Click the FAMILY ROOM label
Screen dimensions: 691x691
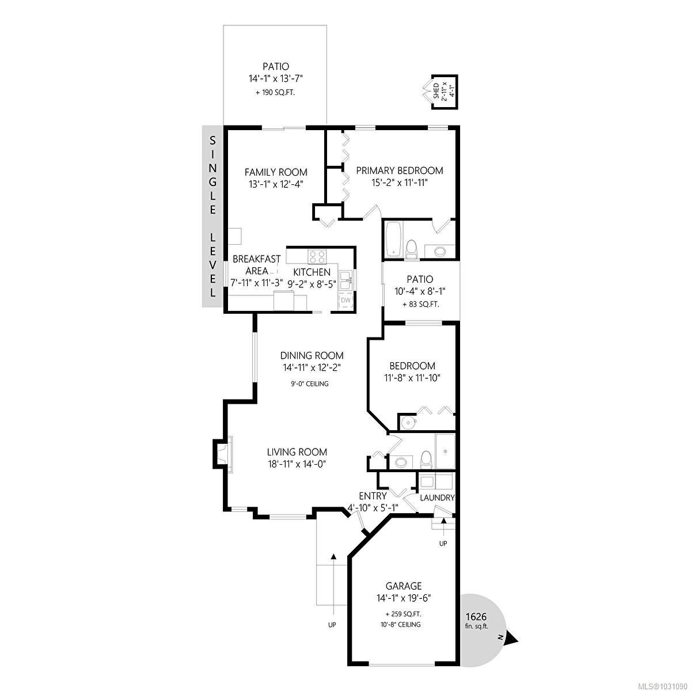276,172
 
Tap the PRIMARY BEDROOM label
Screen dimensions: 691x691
400,170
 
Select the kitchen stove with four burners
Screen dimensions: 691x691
317,257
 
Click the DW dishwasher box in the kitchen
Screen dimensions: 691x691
345,300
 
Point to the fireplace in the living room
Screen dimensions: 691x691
223,453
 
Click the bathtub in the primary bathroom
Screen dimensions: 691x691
394,239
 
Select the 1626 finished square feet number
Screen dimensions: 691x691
476,617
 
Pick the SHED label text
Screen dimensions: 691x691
436,91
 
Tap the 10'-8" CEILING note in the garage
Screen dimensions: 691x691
401,625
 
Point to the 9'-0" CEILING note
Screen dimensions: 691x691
309,384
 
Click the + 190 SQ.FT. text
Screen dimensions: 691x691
275,93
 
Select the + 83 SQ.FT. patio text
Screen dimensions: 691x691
420,305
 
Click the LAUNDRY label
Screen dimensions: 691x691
437,498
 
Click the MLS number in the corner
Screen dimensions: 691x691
666,685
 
